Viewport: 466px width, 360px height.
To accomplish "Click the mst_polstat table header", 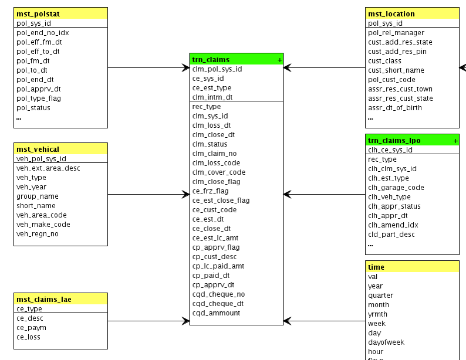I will tap(38, 13).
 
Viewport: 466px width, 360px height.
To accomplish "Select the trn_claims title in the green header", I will tap(211, 59).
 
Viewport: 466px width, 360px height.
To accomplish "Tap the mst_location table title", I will tap(391, 13).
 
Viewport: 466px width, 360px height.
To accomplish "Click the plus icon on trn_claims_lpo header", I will tap(455, 141).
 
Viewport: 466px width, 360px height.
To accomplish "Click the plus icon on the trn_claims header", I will tap(279, 60).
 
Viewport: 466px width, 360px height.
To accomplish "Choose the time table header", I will tap(376, 267).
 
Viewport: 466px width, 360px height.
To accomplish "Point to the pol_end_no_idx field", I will tap(42, 33).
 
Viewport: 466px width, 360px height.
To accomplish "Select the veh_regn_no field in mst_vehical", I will tap(38, 234).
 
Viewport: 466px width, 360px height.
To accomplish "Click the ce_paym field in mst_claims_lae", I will tap(31, 328).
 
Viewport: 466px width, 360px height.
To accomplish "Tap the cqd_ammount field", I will tap(216, 313).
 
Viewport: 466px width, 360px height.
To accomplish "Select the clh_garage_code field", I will tap(396, 188).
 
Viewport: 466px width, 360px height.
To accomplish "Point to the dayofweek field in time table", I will tap(386, 342).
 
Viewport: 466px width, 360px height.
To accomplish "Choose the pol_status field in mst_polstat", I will tap(33, 108).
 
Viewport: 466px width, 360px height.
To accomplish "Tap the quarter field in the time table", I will tap(380, 296).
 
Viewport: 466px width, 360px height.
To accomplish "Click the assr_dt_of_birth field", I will tap(395, 108).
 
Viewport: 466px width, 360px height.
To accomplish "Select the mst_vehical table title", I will tap(38, 149).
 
